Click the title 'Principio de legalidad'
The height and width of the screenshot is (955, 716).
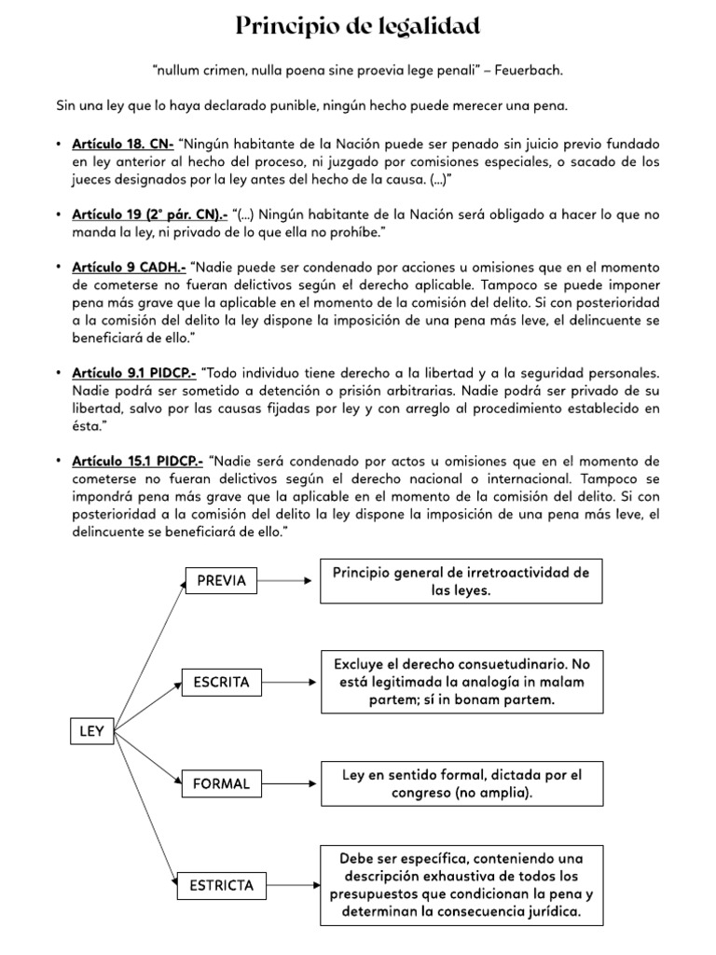click(x=358, y=27)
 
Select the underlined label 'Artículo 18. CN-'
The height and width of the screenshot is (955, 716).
click(x=123, y=144)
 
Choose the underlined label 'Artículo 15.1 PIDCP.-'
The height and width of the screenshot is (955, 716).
click(x=137, y=462)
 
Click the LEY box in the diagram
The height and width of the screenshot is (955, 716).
click(x=91, y=732)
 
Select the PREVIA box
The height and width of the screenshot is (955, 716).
click(x=221, y=581)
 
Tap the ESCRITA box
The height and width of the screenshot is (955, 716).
click(x=221, y=683)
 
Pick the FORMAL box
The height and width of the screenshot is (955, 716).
click(x=221, y=783)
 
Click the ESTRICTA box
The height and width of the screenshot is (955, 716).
click(x=221, y=885)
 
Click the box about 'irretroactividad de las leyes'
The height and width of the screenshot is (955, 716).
click(x=461, y=581)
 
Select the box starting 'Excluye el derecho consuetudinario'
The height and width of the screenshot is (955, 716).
click(x=461, y=682)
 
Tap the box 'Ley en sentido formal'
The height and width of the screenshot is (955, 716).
click(x=461, y=783)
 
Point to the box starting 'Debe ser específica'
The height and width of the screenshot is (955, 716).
click(x=461, y=885)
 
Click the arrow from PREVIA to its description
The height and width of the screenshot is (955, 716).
click(x=284, y=581)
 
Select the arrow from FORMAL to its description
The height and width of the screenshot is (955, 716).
click(x=286, y=783)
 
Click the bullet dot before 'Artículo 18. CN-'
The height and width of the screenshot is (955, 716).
click(x=59, y=145)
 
